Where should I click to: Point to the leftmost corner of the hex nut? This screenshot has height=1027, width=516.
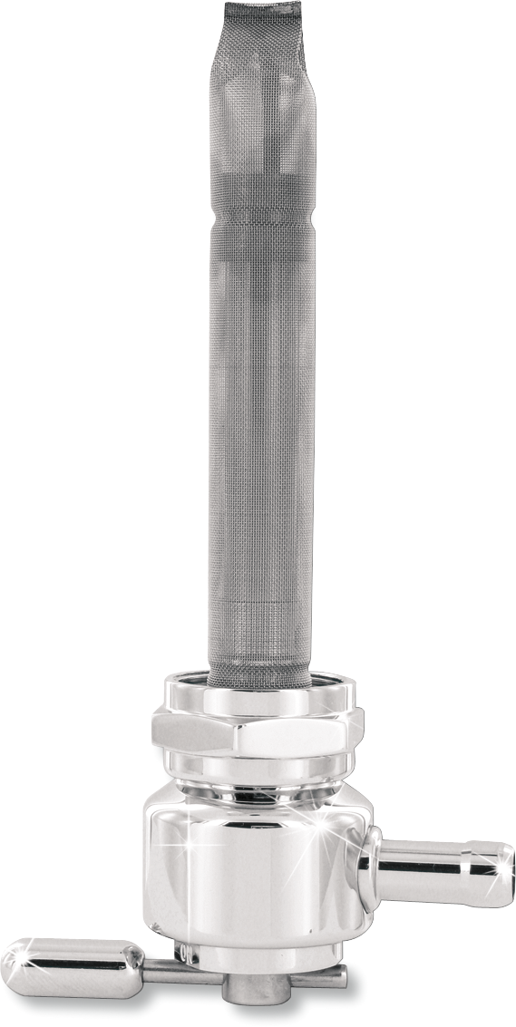click(x=152, y=725)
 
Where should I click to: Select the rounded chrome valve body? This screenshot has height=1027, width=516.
click(x=245, y=861)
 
